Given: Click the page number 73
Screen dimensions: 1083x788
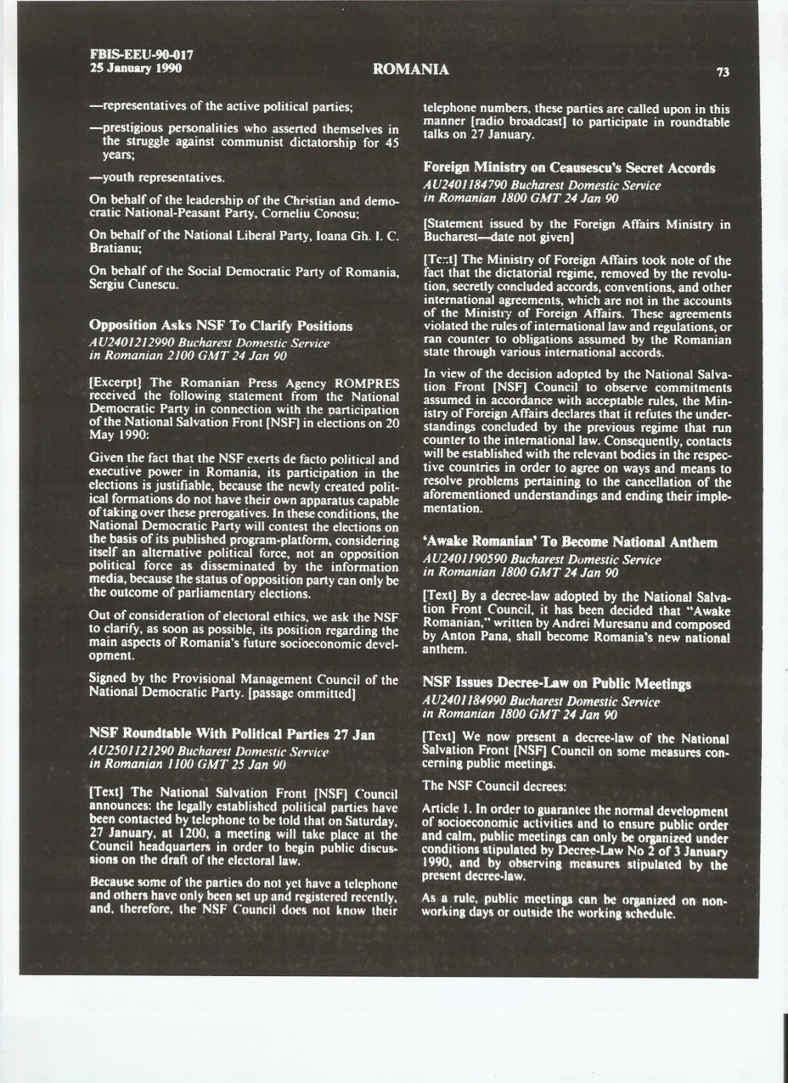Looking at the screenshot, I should (723, 73).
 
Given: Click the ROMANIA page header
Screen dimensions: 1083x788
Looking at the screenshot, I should (410, 70).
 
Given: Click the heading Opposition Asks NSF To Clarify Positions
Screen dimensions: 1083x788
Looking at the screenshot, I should (221, 326).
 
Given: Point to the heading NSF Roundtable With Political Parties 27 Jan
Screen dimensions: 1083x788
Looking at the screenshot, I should (232, 734).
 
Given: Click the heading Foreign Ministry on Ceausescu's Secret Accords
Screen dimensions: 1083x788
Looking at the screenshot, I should (569, 168).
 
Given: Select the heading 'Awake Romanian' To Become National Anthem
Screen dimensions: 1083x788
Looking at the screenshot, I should (570, 543).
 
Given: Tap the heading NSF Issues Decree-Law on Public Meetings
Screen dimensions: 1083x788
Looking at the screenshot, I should (557, 684).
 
